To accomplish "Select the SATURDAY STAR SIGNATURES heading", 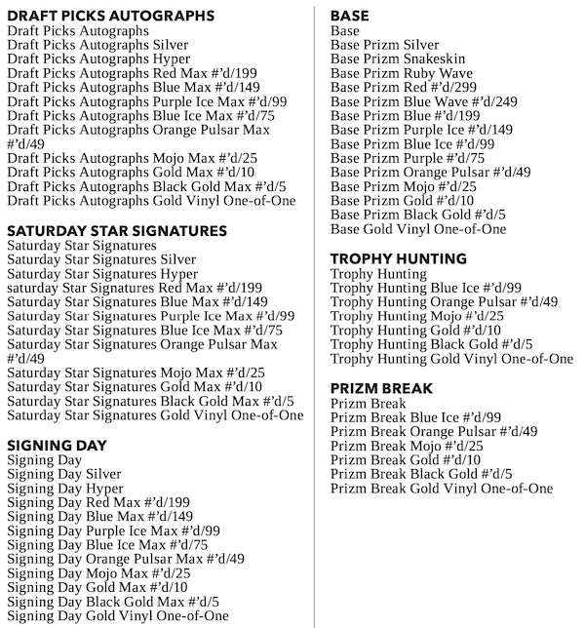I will [117, 231].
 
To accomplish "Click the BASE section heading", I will [350, 16].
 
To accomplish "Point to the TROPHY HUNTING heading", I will [399, 259].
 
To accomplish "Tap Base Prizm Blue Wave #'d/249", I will [410, 101].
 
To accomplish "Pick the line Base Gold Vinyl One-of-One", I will [418, 229].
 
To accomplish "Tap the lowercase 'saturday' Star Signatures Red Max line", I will [135, 288].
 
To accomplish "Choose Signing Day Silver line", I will [63, 474].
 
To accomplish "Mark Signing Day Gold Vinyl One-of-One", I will [118, 615].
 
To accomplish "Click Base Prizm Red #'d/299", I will [403, 87].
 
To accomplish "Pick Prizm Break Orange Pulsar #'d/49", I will [434, 431].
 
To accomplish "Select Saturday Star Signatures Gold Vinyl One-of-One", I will [155, 415].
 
